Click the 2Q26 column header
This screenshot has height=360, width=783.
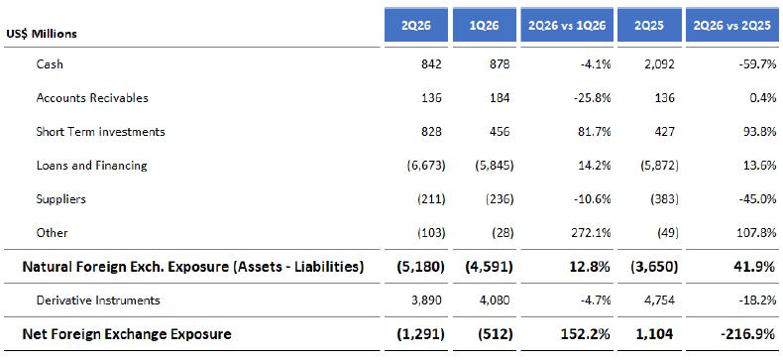416,26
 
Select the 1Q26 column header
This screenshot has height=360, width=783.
485,26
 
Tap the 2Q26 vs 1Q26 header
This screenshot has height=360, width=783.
567,26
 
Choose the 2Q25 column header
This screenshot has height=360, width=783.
649,26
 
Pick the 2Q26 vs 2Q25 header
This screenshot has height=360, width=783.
732,26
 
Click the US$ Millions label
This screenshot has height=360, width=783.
42,34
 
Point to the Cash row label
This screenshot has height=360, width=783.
50,64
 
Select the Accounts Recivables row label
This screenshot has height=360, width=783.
92,97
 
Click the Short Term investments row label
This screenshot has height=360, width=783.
100,132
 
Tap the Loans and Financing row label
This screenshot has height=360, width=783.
92,165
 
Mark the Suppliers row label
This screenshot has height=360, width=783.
60,199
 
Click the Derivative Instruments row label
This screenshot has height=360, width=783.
98,300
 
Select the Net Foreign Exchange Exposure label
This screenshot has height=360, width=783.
127,334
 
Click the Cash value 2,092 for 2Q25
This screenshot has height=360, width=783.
659,64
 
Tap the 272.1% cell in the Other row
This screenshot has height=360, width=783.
592,233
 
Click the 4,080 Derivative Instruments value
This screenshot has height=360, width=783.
495,300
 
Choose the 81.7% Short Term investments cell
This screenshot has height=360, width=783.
595,132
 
